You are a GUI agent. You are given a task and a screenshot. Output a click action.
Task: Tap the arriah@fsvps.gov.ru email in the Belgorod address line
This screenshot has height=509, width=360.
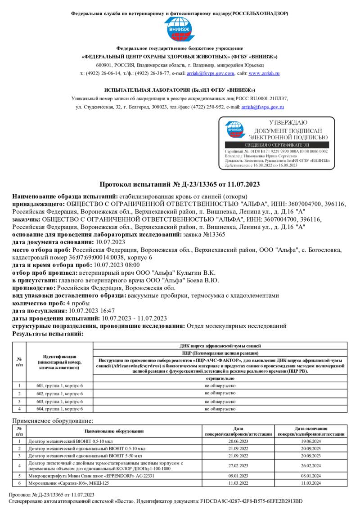point(263,107)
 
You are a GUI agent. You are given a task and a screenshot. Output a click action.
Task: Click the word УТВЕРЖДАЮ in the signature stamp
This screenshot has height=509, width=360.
point(288,122)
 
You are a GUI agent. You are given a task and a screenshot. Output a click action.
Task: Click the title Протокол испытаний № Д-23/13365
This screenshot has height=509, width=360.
point(180,184)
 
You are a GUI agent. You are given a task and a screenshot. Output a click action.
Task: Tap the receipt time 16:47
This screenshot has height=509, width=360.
point(106,311)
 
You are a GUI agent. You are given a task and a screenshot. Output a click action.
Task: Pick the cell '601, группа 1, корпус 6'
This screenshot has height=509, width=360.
point(59,386)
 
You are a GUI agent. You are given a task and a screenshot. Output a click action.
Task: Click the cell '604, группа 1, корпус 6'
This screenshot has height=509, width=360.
point(59,409)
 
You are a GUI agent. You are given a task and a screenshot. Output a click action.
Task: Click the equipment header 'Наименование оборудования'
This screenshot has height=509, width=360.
point(114,431)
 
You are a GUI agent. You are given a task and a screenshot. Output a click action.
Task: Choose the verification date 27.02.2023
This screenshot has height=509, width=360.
point(238,465)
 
